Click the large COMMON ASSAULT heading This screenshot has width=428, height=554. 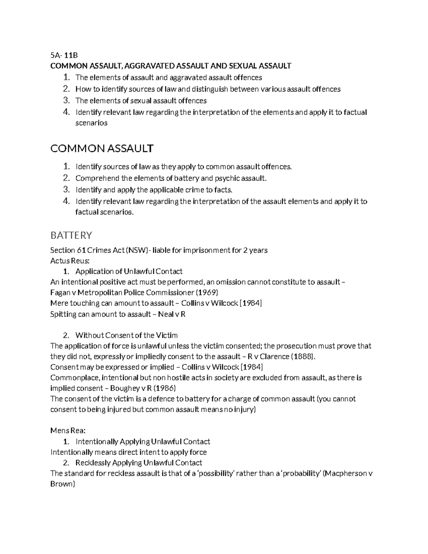pos(102,148)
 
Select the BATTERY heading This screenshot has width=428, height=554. pos(71,235)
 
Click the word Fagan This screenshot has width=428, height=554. pos(60,293)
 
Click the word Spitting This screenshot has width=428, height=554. pos(63,314)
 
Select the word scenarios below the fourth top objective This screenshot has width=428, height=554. pos(91,123)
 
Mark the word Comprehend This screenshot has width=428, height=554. pos(97,178)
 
